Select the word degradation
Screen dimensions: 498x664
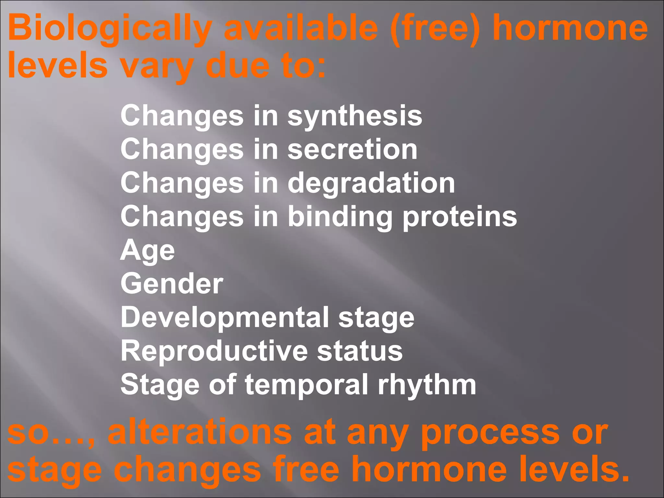pos(371,184)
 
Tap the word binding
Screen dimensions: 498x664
pos(340,217)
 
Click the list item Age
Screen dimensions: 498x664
pos(148,251)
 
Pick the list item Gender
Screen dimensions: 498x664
pos(172,284)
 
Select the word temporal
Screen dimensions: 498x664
pos(306,385)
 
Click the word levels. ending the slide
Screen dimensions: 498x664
pos(574,469)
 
